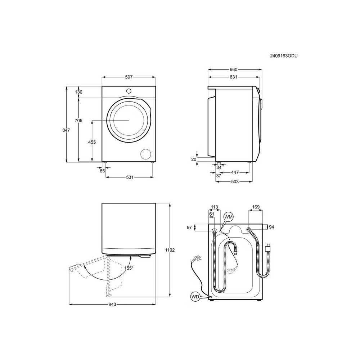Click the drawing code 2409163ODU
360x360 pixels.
(x=284, y=56)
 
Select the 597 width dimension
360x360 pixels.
(x=129, y=77)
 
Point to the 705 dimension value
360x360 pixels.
(x=78, y=121)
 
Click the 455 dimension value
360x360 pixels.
(x=92, y=142)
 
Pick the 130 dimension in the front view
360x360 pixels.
(x=78, y=92)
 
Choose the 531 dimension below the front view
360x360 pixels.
(x=130, y=177)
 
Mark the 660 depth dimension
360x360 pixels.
(x=234, y=69)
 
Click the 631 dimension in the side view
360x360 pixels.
(x=234, y=77)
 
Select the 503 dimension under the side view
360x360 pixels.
(x=234, y=182)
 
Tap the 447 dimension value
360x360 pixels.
(x=235, y=173)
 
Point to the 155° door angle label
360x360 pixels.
(x=129, y=268)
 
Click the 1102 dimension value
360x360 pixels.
(x=170, y=250)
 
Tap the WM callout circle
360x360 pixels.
(x=229, y=217)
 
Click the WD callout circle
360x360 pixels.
(x=195, y=297)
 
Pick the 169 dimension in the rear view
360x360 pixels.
(x=256, y=207)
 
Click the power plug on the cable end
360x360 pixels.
(x=197, y=258)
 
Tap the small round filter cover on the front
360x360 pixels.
(x=146, y=153)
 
